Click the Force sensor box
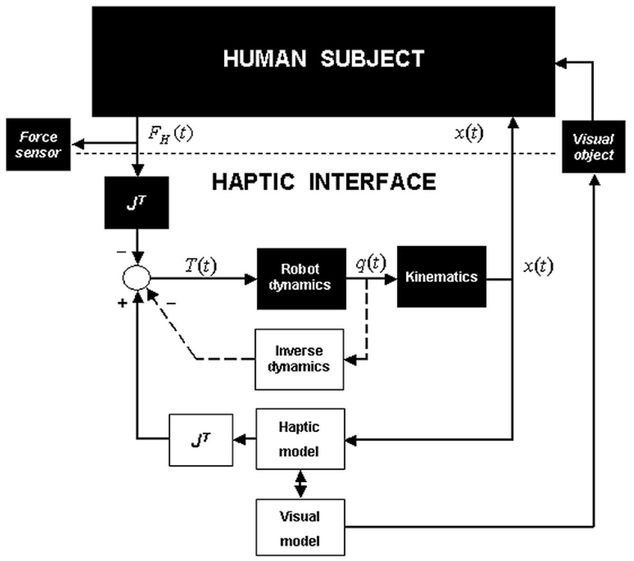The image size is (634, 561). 39,145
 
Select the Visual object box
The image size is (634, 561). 594,147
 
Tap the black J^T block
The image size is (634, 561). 137,203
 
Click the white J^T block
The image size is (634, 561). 201,440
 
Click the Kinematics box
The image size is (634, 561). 441,277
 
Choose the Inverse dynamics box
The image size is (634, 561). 299,359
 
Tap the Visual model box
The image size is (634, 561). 300,528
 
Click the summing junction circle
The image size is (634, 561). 137,277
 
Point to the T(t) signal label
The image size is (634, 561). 201,265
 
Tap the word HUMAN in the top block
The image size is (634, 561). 264,59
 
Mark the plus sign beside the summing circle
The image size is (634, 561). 122,303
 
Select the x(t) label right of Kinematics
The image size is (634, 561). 538,266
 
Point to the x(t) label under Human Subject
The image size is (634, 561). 468,133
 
